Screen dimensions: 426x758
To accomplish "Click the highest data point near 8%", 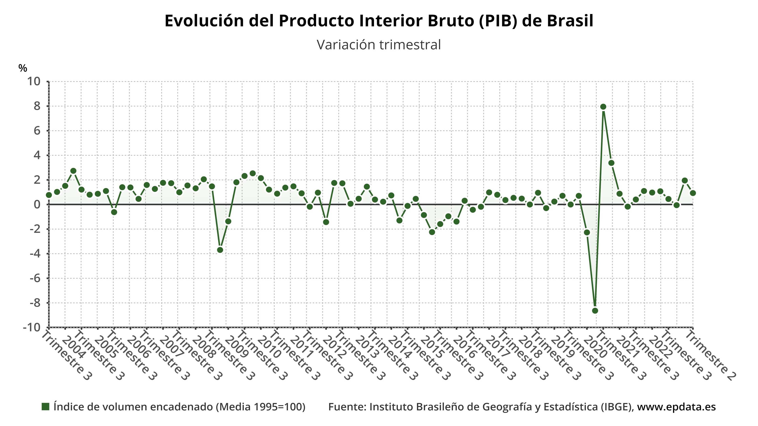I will [603, 107].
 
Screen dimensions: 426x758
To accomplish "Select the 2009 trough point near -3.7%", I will [220, 250].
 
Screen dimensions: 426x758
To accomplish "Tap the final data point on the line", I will [693, 193].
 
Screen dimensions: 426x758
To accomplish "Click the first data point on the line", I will [49, 195].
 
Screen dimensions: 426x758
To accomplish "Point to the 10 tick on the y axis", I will [34, 81].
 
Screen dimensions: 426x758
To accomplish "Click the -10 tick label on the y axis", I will [32, 327].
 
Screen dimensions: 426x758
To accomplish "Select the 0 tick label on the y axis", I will [37, 204].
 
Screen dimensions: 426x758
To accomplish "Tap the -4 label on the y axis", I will [35, 253].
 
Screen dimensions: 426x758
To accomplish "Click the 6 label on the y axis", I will [37, 131].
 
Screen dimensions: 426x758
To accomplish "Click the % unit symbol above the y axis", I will [23, 68].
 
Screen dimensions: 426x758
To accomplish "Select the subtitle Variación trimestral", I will [379, 45].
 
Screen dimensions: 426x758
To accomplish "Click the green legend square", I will [45, 407].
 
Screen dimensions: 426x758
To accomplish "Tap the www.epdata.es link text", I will [676, 407].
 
